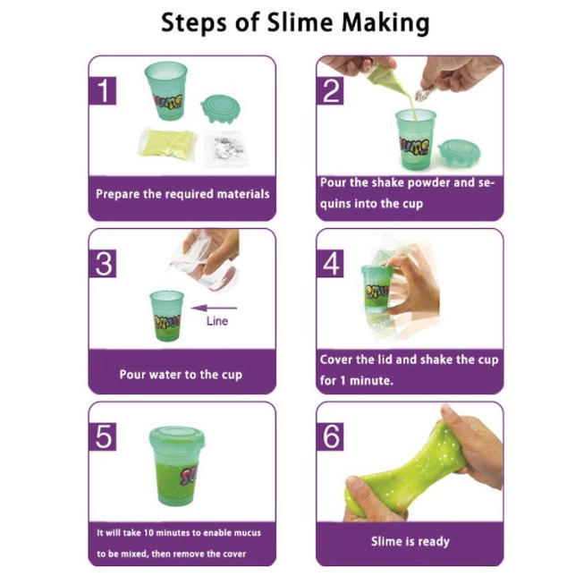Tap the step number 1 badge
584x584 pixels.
(x=103, y=91)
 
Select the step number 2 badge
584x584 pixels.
(x=330, y=91)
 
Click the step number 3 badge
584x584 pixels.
(x=103, y=264)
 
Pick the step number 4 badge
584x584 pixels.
(x=330, y=264)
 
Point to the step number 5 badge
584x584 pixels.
(x=103, y=436)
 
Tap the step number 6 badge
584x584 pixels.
(x=330, y=436)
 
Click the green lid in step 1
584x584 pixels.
(x=220, y=109)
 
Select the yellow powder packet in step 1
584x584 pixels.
(x=167, y=143)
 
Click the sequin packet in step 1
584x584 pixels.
(x=224, y=147)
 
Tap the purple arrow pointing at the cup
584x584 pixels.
(x=214, y=308)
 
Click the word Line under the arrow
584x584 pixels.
(x=217, y=321)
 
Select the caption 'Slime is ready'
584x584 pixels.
(x=410, y=542)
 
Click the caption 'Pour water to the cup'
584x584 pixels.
(x=181, y=375)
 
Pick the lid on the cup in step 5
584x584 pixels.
(x=177, y=437)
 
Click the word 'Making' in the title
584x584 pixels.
(x=385, y=24)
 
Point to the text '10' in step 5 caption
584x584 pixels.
(x=148, y=533)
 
